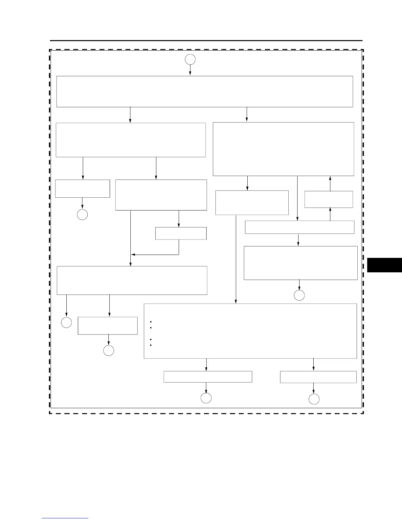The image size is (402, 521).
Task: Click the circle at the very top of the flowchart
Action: point(190,60)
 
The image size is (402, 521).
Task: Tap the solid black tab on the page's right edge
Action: point(384,265)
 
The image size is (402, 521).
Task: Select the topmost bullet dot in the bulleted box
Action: point(150,322)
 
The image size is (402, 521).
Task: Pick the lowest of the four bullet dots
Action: point(150,345)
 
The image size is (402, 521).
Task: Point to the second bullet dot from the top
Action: point(150,328)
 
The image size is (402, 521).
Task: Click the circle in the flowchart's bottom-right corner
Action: point(314,399)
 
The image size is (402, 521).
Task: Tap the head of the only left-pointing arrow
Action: point(133,254)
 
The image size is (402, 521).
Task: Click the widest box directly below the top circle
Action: point(205,91)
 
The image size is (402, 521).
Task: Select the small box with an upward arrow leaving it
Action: point(328,199)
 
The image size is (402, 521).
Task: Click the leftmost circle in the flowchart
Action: point(66,323)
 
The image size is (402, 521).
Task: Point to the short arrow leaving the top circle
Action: point(190,70)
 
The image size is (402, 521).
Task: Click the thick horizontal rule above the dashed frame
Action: point(206,41)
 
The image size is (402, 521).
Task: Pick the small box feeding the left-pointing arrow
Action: point(181,233)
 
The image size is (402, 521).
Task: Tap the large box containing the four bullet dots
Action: point(250,331)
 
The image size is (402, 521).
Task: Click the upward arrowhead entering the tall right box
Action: point(330,178)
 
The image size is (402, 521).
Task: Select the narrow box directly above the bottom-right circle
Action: point(318,377)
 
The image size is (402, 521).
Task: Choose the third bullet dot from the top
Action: point(150,339)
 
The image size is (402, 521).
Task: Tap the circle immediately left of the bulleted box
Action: point(109,351)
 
